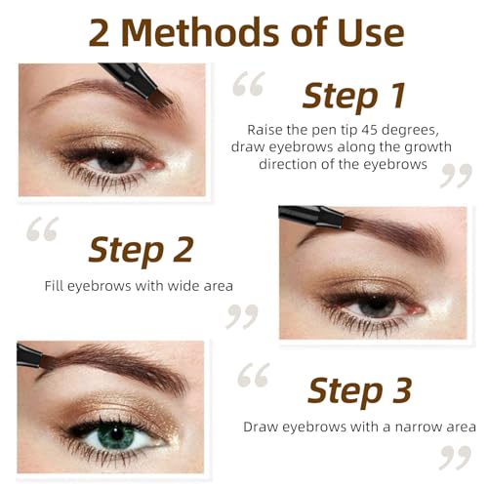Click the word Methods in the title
pyautogui.click(x=201, y=32)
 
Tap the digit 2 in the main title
pyautogui.click(x=99, y=33)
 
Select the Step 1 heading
pyautogui.click(x=354, y=96)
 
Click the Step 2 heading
pyautogui.click(x=141, y=250)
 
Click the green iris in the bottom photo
pyautogui.click(x=116, y=435)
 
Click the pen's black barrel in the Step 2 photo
pyautogui.click(x=310, y=216)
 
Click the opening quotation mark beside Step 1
pyautogui.click(x=248, y=84)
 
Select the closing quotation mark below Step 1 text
pyautogui.click(x=456, y=176)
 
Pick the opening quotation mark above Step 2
pyautogui.click(x=43, y=228)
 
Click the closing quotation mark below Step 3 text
pyautogui.click(x=455, y=457)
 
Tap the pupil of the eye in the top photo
pyautogui.click(x=113, y=159)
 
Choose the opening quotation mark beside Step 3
pyautogui.click(x=254, y=375)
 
